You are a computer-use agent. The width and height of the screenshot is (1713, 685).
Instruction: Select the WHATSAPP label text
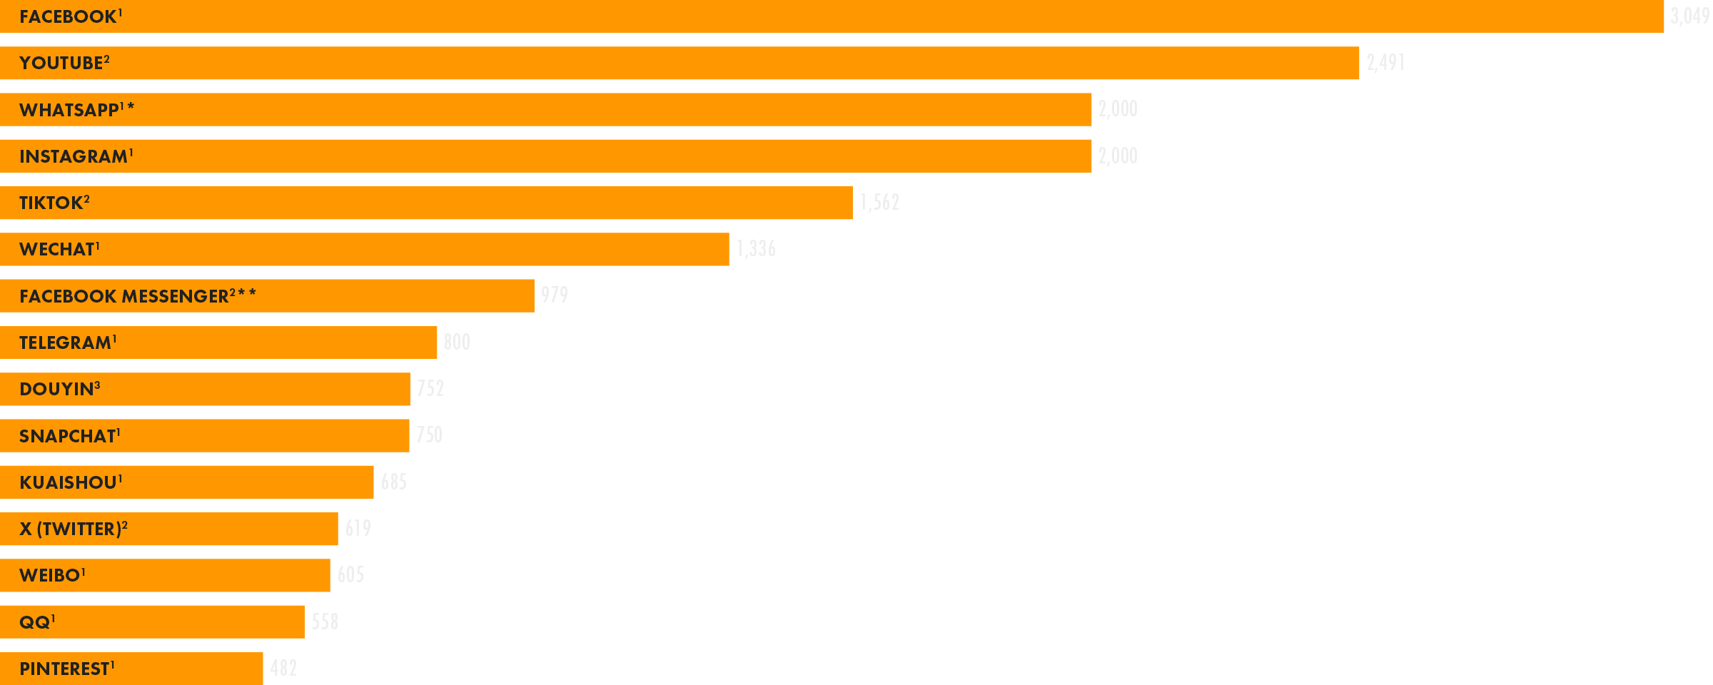coord(70,110)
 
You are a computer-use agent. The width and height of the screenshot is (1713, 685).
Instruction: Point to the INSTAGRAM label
coord(74,156)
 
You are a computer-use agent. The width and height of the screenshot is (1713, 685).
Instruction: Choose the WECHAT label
coord(58,249)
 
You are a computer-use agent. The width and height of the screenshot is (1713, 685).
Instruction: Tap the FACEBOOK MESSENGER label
coord(125,296)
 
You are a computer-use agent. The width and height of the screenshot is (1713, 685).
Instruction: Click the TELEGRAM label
coord(66,342)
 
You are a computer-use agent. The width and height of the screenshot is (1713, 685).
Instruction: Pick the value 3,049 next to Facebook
coord(1689,16)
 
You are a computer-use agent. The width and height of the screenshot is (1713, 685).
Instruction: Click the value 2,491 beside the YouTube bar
coord(1385,63)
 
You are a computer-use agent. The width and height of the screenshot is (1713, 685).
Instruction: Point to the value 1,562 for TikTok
coord(879,203)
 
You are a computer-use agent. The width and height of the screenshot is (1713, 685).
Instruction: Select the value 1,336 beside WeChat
coord(756,249)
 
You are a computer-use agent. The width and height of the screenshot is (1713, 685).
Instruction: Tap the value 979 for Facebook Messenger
coord(555,295)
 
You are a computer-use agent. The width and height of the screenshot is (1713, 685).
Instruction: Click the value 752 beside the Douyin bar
coord(430,389)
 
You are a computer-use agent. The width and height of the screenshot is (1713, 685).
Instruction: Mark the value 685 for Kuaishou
coord(394,482)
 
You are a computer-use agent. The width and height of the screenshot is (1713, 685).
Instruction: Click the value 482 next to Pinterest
coord(283,669)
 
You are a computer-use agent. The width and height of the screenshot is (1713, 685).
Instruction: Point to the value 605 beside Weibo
coord(350,575)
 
